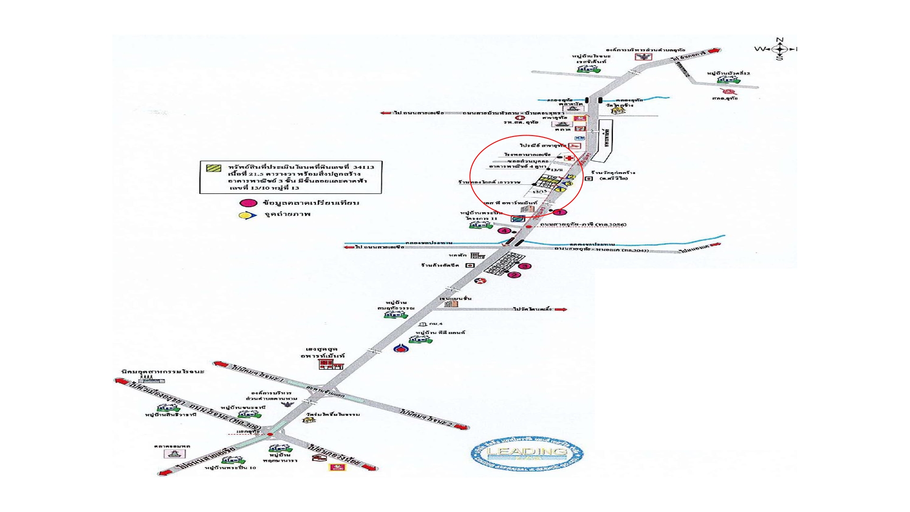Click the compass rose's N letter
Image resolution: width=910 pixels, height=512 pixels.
click(779, 40)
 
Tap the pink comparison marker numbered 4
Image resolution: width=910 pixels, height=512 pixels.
click(505, 231)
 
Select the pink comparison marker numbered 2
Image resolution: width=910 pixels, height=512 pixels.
click(514, 275)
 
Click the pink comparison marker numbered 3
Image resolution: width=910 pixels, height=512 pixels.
click(525, 266)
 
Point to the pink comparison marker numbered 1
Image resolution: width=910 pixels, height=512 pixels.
click(560, 212)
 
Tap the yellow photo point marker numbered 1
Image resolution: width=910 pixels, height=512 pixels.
click(560, 190)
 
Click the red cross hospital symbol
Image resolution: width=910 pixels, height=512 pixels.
click(569, 158)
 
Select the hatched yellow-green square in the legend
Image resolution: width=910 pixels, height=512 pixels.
click(213, 167)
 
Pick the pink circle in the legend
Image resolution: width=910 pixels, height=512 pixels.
click(248, 203)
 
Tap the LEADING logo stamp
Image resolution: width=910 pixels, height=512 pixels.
click(527, 454)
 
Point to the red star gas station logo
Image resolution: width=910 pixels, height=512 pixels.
click(481, 281)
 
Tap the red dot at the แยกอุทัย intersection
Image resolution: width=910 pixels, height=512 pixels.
click(270, 434)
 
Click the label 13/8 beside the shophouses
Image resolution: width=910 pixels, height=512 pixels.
click(557, 170)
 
